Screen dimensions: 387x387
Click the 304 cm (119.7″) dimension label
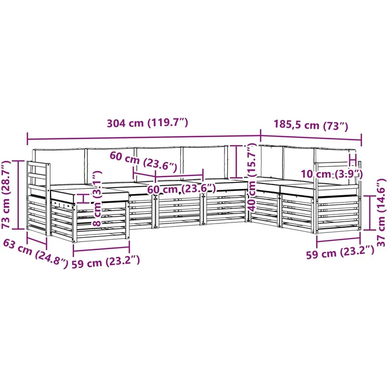(147, 123)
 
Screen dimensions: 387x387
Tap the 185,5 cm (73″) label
(311, 125)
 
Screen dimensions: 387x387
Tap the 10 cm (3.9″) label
(332, 174)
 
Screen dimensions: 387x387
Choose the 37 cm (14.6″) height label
(381, 212)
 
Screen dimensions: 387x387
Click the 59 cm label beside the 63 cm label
(106, 262)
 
